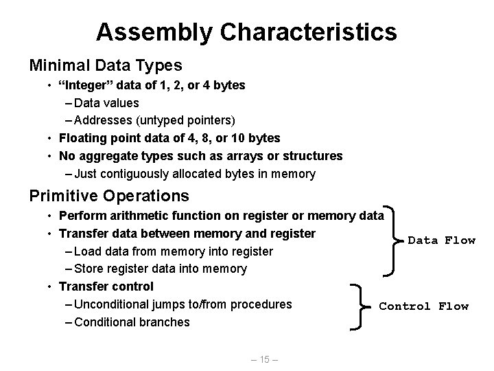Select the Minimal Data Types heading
105,65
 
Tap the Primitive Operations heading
109,196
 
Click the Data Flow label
441,240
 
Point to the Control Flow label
423,306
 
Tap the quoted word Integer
84,86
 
